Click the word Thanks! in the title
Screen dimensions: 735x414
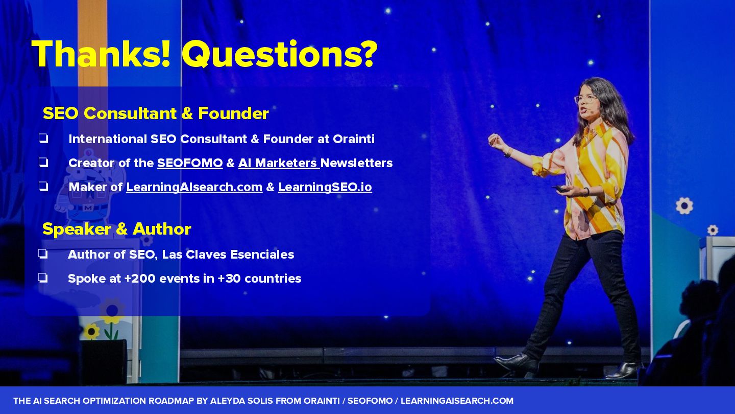[x=101, y=54]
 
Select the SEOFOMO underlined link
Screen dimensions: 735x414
[x=190, y=164]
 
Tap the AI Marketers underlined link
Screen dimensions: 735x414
[x=279, y=164]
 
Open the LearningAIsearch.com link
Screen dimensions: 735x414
[x=194, y=187]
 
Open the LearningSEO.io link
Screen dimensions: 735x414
[x=325, y=187]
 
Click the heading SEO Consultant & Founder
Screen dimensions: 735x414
[x=156, y=113]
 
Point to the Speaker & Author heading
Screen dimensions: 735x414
[x=117, y=229]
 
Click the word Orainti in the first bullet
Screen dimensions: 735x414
[x=354, y=139]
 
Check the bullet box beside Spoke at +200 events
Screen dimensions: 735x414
[x=43, y=278]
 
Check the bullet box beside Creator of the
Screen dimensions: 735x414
[x=43, y=163]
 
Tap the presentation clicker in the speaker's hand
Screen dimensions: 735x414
[x=559, y=189]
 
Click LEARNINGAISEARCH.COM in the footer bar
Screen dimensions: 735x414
[x=457, y=401]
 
